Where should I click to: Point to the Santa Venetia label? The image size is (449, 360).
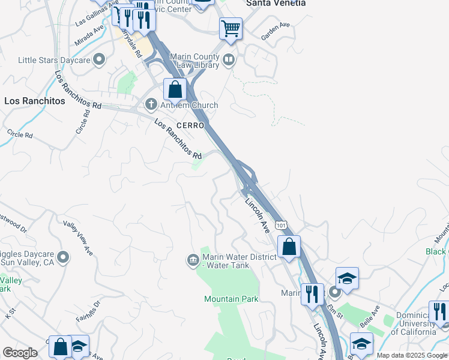(x=276, y=3)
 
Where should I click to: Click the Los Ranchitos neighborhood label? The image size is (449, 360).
(x=35, y=101)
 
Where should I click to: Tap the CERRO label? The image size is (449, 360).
(x=190, y=125)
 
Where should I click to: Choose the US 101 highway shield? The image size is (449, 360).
(x=281, y=223)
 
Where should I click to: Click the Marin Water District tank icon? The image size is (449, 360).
(x=193, y=260)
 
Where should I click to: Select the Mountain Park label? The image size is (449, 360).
(x=231, y=299)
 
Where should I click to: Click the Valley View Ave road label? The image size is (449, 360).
(x=78, y=237)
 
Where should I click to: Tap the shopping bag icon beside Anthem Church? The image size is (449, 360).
(x=175, y=89)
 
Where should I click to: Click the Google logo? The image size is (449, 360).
(x=20, y=353)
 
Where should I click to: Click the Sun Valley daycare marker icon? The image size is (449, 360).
(x=62, y=258)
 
